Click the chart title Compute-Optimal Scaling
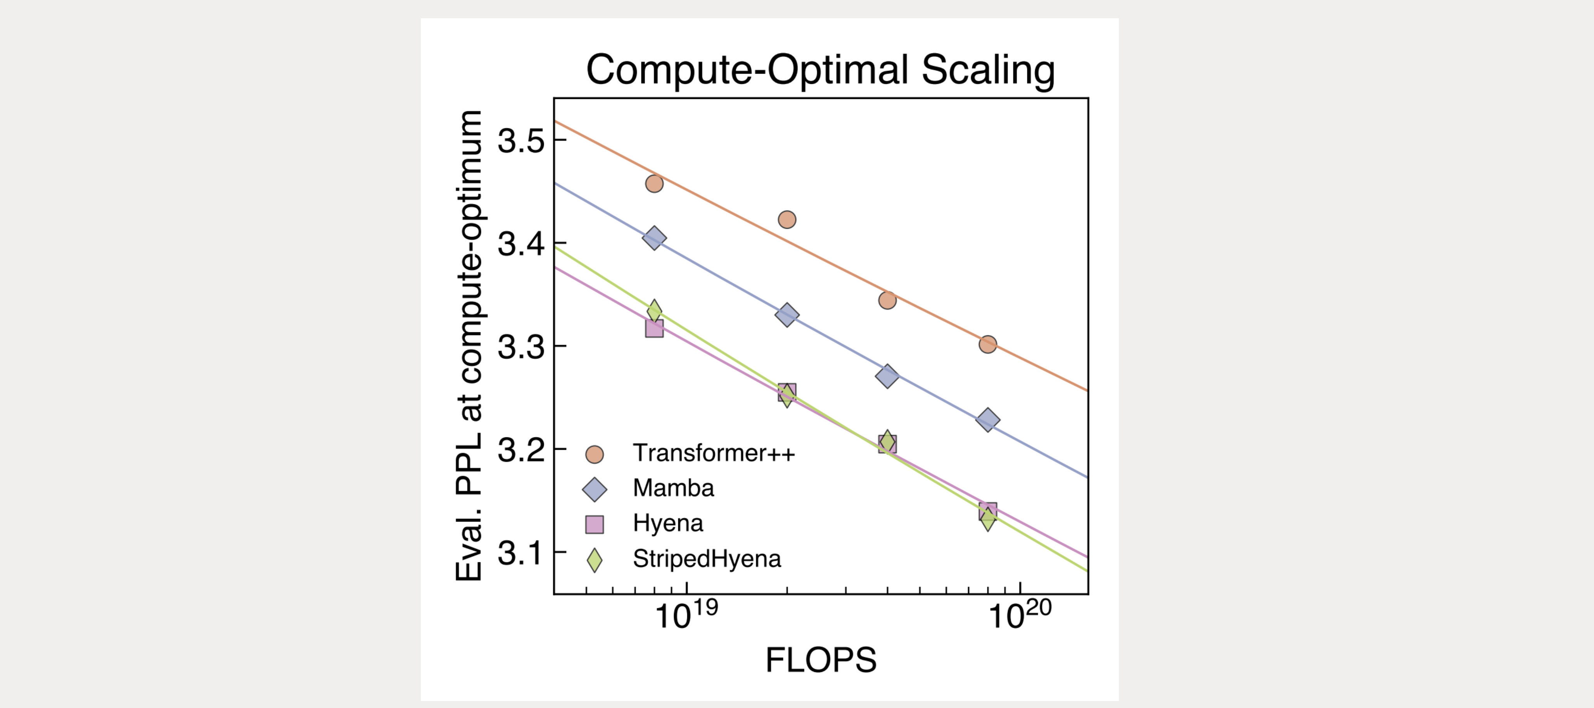821,70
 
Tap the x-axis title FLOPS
821,660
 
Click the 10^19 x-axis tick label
686,615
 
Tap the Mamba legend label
673,488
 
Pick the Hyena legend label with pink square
668,523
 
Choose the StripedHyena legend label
707,559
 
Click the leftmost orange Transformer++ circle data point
654,184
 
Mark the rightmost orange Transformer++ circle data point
987,344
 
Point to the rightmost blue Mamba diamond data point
987,420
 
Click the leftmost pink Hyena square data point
654,329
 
